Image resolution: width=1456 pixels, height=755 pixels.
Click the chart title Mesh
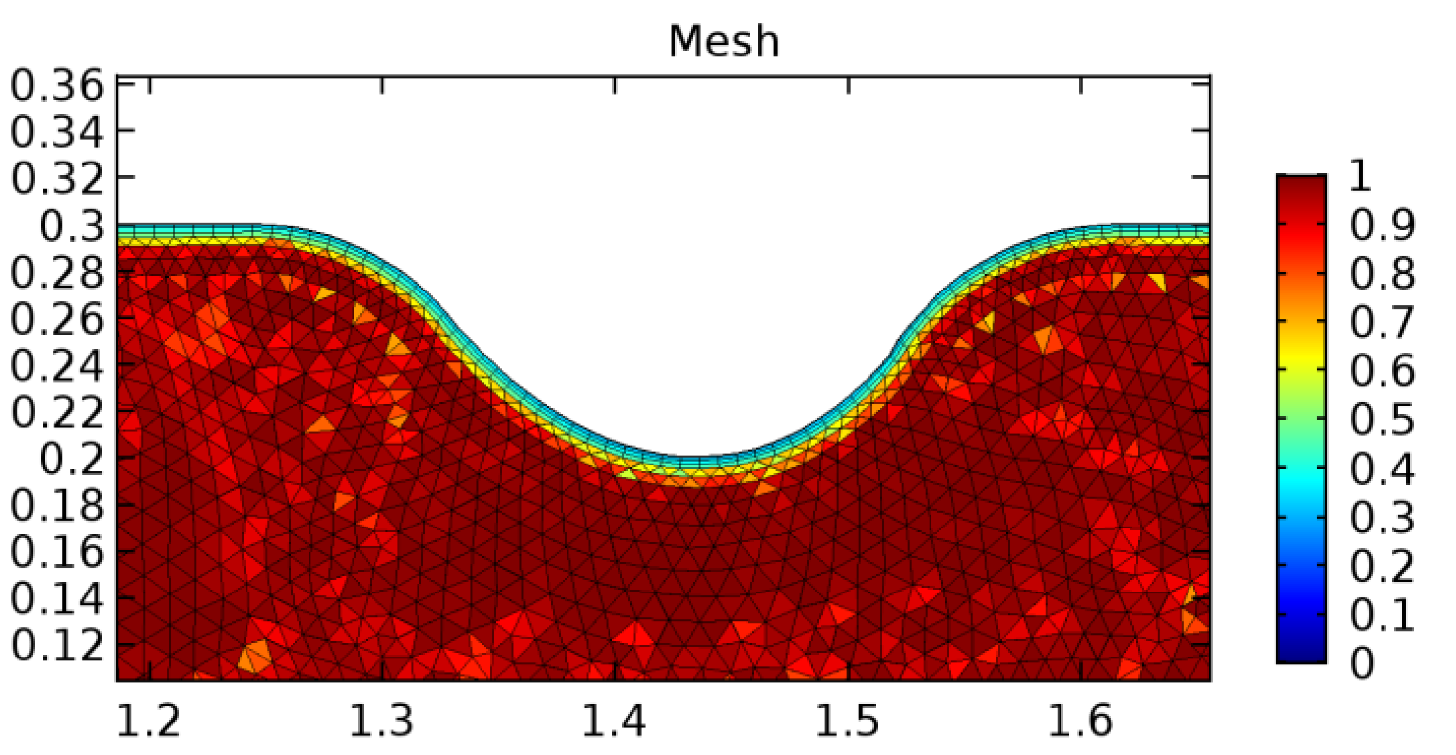723,42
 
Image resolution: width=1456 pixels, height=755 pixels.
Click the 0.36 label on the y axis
58,86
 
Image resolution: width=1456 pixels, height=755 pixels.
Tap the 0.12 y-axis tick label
58,645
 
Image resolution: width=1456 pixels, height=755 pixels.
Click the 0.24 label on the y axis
58,366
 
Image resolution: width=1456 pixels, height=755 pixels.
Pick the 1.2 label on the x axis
148,721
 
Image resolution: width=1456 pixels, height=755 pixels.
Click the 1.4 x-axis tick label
614,721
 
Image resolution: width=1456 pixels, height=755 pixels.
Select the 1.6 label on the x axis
1081,721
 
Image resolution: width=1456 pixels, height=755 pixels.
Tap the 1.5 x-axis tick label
847,721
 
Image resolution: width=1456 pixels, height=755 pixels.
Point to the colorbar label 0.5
1382,419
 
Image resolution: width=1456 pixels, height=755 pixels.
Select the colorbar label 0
1361,663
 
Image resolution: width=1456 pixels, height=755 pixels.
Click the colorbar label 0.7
1382,322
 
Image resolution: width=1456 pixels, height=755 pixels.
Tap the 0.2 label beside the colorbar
1382,566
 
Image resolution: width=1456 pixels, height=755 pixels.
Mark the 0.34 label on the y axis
58,132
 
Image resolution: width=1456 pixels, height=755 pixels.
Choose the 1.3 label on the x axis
381,721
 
